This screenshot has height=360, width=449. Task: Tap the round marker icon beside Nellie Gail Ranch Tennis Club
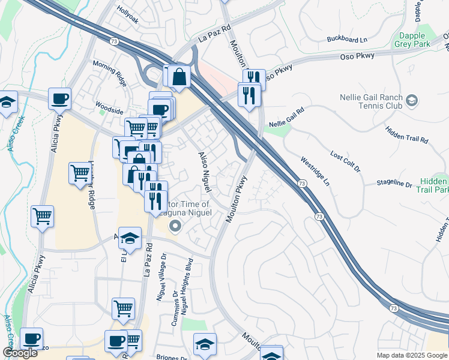coord(412,100)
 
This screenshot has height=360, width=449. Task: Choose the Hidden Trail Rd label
coord(407,135)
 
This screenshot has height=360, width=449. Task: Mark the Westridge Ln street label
coord(315,170)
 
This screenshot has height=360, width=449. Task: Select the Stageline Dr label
coord(394,183)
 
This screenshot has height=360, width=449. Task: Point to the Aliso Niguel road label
coord(204,172)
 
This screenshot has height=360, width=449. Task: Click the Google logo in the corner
coord(20,353)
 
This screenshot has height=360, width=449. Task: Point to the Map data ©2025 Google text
coord(412,355)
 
